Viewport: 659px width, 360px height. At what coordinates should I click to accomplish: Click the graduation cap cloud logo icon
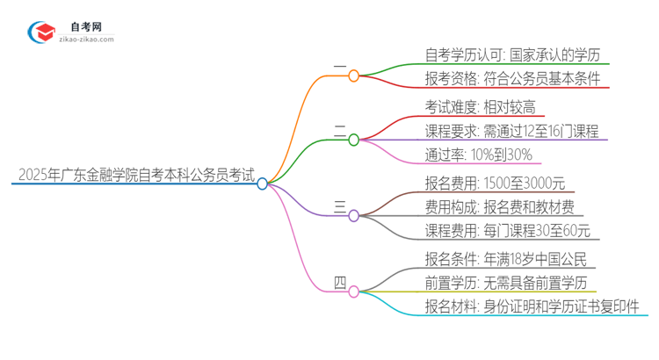click(x=40, y=32)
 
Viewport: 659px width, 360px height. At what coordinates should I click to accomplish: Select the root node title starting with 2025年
click(x=133, y=176)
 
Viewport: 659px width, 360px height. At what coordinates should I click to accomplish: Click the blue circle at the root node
click(x=262, y=184)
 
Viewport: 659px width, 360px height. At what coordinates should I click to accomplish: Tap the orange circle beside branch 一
click(x=354, y=76)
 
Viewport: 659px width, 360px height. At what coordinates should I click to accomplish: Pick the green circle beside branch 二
click(x=354, y=140)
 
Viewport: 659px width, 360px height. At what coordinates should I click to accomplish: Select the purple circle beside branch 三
click(x=354, y=215)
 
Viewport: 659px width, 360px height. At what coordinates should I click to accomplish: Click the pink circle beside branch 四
click(x=354, y=291)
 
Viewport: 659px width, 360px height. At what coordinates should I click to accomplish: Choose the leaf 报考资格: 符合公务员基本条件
click(x=501, y=80)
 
